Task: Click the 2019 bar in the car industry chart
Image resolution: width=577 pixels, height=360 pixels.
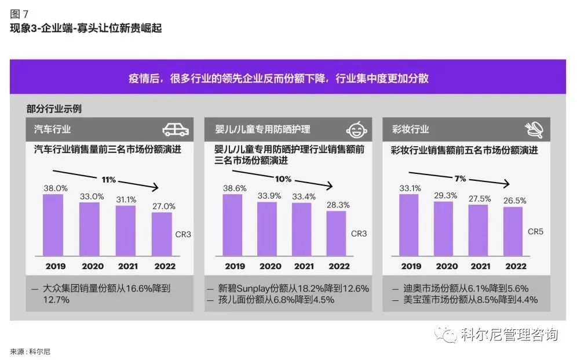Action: (53, 225)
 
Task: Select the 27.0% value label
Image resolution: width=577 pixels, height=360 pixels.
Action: (163, 205)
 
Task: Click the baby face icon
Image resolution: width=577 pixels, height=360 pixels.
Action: (358, 129)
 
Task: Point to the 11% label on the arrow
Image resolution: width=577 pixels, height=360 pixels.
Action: (109, 180)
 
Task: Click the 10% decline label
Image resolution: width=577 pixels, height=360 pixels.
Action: (283, 179)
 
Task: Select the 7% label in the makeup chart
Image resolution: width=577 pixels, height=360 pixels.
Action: (460, 179)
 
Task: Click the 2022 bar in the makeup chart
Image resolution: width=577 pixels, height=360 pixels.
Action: (514, 231)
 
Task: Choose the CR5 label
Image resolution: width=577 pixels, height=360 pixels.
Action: (535, 231)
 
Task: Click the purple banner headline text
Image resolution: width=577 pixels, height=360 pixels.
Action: (287, 78)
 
